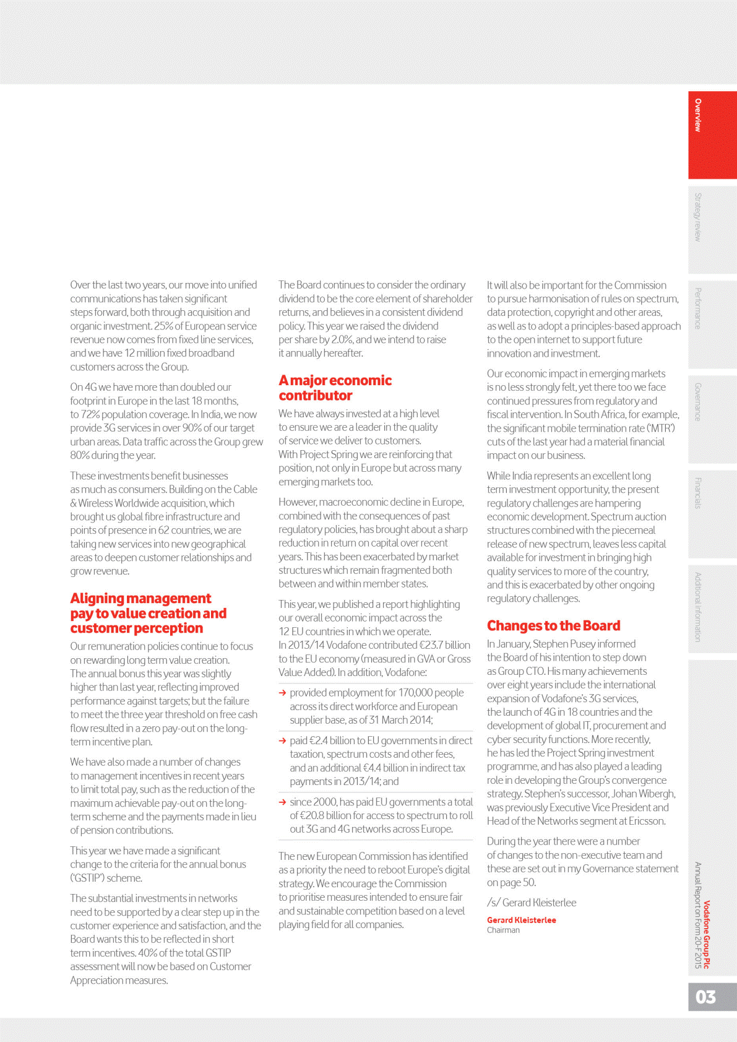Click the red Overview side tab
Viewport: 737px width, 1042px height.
pos(712,135)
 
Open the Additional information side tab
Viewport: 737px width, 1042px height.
pos(712,607)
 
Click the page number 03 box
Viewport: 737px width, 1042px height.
pos(712,997)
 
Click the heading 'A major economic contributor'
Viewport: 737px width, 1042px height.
pos(335,388)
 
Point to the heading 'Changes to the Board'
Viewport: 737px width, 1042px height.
pos(553,625)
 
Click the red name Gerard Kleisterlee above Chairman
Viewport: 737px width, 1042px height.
pos(521,920)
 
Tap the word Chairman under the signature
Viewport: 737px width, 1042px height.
pos(503,930)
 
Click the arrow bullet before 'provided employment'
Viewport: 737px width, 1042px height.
pos(283,693)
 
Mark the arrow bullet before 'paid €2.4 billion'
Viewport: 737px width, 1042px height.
pos(283,740)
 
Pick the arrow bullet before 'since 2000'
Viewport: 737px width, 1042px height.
pos(283,802)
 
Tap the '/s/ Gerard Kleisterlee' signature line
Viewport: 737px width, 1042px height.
pos(532,903)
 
